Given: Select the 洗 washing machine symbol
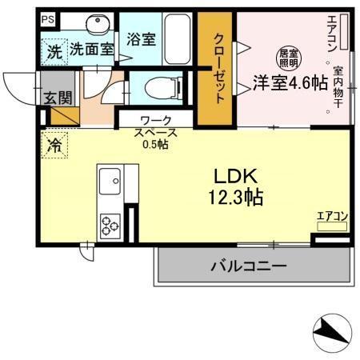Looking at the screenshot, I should pos(53,52).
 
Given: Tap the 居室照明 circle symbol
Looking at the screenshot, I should pos(288,58).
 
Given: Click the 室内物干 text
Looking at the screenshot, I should pos(339,88).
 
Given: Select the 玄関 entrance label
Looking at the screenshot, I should pos(57,98).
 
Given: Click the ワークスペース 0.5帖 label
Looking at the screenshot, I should pos(154,131).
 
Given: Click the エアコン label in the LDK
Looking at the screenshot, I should pos(332,215).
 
